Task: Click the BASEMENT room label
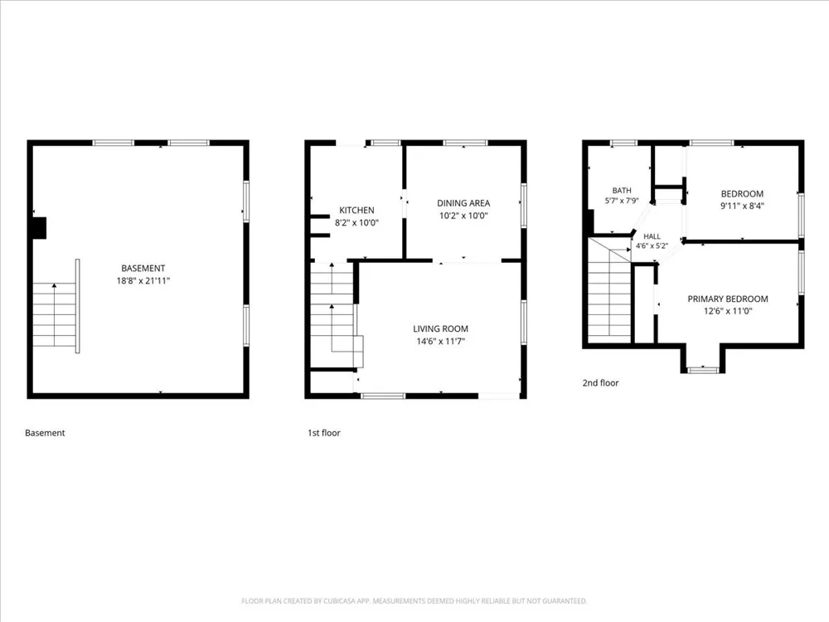point(143,268)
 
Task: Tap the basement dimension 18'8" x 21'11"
point(143,281)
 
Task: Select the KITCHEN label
point(356,210)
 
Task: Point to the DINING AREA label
point(463,203)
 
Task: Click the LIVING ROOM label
point(440,328)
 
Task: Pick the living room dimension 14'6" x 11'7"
point(440,341)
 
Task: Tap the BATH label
point(622,191)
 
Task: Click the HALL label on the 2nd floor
point(652,236)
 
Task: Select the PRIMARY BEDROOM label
point(728,299)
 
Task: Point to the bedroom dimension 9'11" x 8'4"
point(742,207)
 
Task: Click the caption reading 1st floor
point(324,433)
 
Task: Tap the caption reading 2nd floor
point(600,383)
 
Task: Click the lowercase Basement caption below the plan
point(45,433)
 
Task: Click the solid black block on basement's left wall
point(40,228)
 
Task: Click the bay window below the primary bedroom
point(703,369)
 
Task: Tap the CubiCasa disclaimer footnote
point(414,600)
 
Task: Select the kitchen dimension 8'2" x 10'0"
point(356,222)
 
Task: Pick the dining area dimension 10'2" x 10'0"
point(463,216)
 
